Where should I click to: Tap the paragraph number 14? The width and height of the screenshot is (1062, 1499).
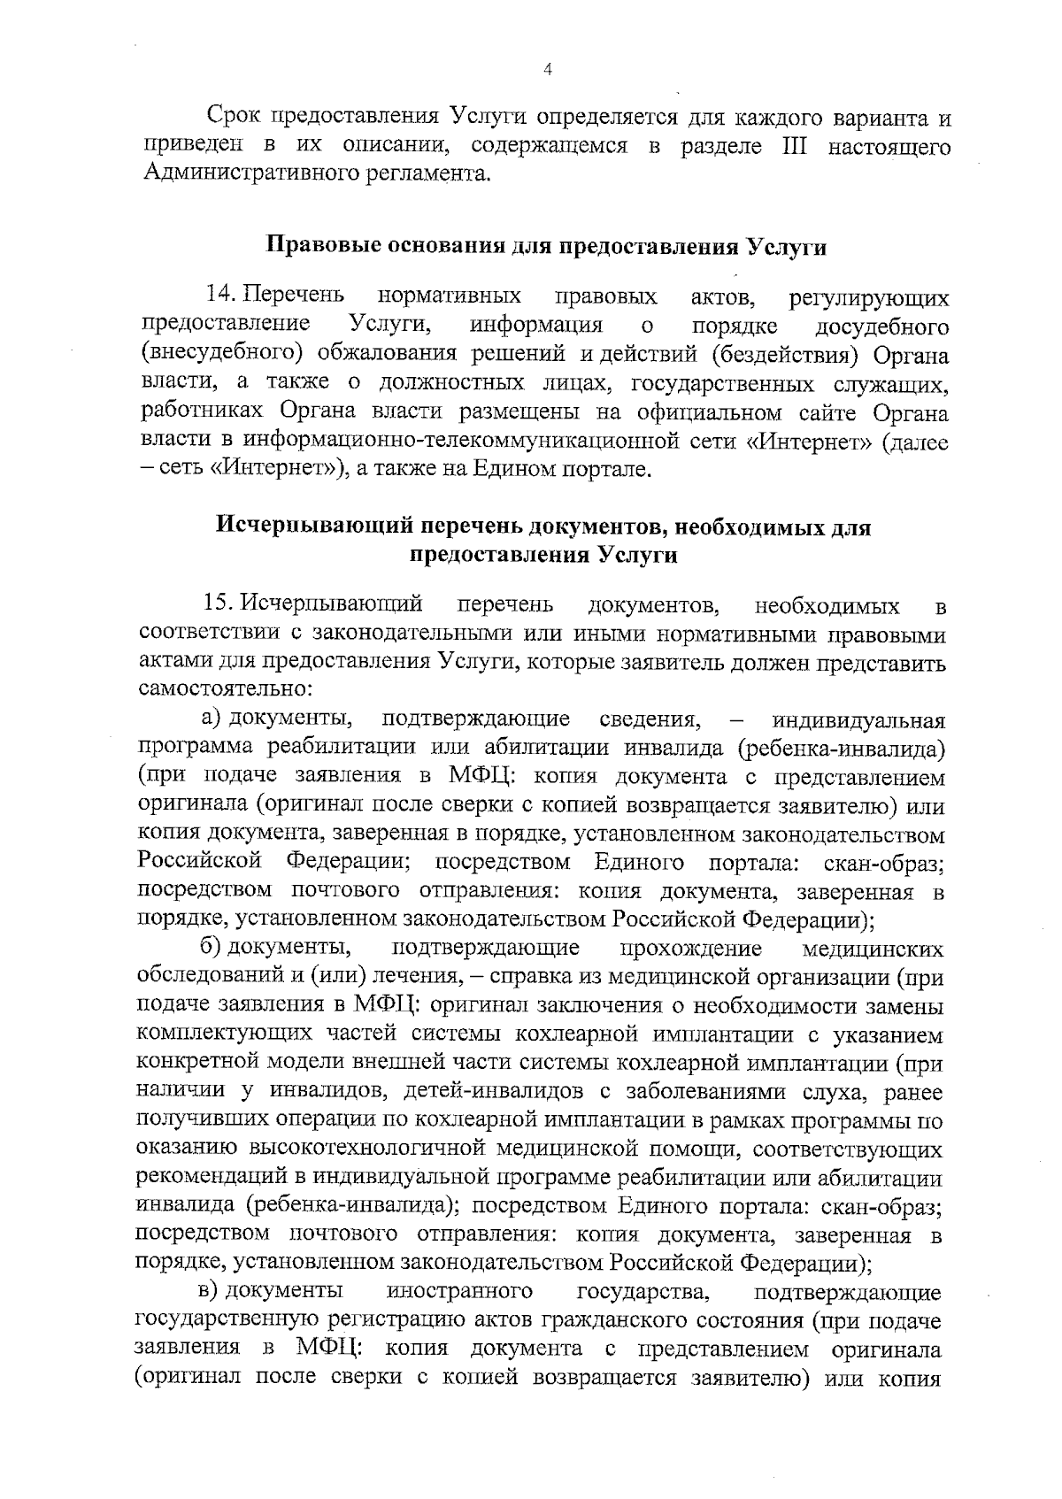[x=218, y=296]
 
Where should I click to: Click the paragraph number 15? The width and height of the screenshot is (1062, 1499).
[x=218, y=604]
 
